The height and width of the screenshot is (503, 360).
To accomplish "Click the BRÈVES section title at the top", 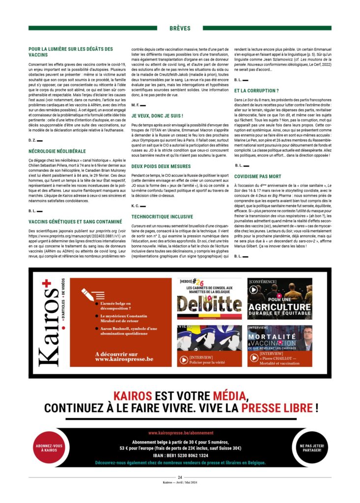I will [x=180, y=28].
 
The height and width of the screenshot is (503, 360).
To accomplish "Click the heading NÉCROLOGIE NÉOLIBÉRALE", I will [x=57, y=151].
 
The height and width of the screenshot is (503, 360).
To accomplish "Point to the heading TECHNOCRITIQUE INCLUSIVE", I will [x=163, y=216].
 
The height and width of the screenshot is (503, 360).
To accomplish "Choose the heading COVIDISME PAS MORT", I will [x=258, y=176].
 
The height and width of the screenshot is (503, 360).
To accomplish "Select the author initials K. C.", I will [x=136, y=205].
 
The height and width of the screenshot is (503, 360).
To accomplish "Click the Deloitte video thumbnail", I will [x=209, y=299].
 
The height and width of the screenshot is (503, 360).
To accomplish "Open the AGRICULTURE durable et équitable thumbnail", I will [x=279, y=299].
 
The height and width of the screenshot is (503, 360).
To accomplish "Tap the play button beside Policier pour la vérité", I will [x=184, y=360].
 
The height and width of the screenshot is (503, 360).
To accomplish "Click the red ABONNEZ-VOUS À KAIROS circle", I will [x=49, y=448].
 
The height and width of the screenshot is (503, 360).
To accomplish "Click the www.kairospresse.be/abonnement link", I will [x=181, y=433].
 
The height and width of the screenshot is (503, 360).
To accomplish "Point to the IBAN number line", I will [x=181, y=455].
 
